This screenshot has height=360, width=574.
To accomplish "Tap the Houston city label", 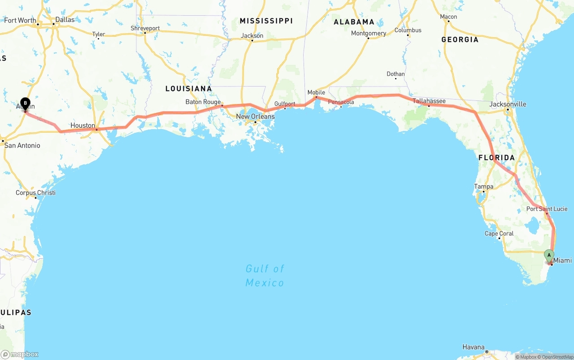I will (83, 126).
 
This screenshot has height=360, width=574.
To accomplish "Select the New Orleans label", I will (255, 117).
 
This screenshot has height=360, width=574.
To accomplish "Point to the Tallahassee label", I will (429, 101).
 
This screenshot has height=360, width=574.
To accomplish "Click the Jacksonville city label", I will (508, 104).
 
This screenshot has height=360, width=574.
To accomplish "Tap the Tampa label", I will (483, 187).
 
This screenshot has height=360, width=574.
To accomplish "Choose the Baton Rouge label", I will (203, 102).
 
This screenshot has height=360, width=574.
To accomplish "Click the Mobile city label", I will (316, 92).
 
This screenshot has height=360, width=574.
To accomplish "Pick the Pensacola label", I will (341, 102).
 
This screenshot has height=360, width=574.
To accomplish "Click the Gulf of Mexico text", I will (265, 275).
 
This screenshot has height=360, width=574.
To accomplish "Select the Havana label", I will (474, 347).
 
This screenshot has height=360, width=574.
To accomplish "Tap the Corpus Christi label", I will (35, 193).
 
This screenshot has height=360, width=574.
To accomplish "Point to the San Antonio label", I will (22, 145).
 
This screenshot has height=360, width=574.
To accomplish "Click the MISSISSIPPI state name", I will (266, 21).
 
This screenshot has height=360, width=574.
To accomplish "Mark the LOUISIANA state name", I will (188, 88).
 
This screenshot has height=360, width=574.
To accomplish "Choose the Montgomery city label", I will (368, 33).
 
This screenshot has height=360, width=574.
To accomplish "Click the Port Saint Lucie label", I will (547, 209).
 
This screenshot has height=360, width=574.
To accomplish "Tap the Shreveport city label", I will (145, 28).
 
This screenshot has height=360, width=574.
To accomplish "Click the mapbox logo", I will (20, 354).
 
